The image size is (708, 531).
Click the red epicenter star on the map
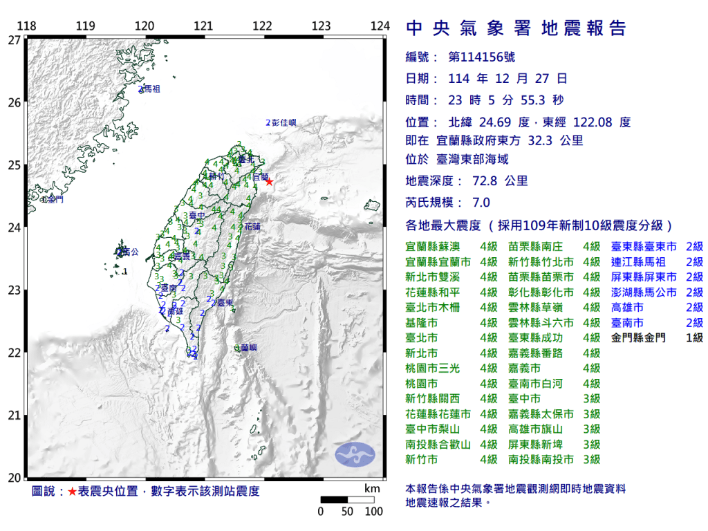269,182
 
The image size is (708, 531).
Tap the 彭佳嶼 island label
283,122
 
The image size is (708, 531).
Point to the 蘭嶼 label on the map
249,347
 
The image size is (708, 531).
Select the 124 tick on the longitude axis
380,26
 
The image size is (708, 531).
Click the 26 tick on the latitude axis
14,102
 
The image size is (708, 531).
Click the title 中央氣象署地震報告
516,28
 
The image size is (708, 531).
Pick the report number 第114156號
482,57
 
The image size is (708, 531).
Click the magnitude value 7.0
481,203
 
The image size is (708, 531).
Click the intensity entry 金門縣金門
639,338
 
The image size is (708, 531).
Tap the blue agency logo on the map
355,454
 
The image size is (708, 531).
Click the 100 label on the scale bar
373,512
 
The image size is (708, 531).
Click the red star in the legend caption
72,492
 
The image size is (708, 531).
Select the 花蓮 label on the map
253,227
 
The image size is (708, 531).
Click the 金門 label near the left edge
54,199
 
